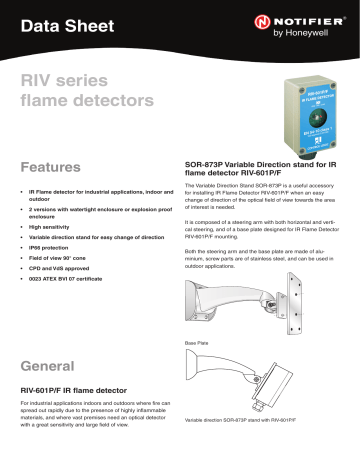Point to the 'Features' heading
(x=55, y=165)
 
